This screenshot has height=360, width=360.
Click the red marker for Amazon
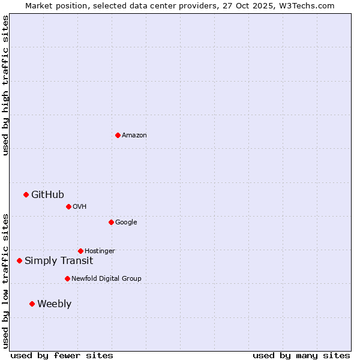(118, 135)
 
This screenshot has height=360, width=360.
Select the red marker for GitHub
(26, 194)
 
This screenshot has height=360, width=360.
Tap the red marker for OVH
(68, 206)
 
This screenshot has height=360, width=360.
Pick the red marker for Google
(111, 222)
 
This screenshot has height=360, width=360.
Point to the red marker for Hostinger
(80, 251)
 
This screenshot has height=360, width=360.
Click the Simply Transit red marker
(19, 260)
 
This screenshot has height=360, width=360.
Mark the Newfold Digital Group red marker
(67, 278)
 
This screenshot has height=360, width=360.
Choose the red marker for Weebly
(32, 304)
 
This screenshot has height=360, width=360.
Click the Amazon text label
(134, 136)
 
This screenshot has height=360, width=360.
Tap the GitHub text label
(47, 194)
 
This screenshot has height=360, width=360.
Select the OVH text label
(80, 207)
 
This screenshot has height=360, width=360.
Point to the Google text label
(126, 223)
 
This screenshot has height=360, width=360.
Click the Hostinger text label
(100, 251)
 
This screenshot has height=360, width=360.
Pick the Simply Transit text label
(59, 260)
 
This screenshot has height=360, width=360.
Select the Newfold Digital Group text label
(106, 279)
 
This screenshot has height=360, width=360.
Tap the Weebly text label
(54, 304)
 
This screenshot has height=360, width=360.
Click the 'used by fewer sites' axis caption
(62, 355)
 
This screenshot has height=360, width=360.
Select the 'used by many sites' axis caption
(301, 355)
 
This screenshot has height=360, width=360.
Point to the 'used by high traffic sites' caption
(6, 85)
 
